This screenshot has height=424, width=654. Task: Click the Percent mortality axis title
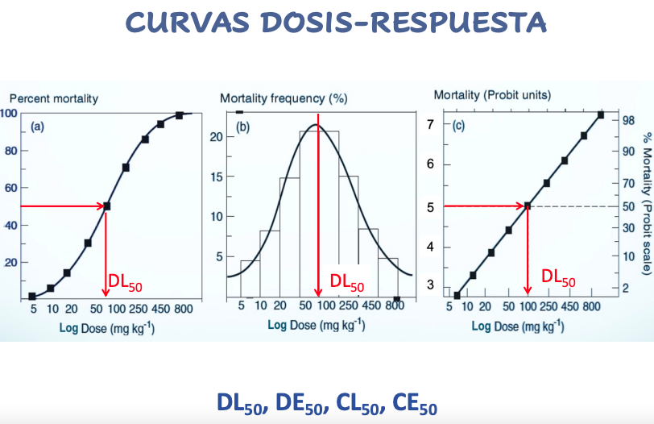tap(54, 98)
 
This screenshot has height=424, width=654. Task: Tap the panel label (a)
tap(38, 127)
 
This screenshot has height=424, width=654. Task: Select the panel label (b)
tap(245, 127)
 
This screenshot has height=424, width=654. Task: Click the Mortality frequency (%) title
tap(284, 98)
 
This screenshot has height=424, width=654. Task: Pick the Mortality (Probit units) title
tap(492, 95)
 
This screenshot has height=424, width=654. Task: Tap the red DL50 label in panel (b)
tap(347, 284)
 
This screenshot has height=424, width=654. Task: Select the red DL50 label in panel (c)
tap(558, 277)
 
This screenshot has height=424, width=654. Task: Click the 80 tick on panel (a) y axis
tap(11, 151)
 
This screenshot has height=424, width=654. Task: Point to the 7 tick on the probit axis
tap(430, 125)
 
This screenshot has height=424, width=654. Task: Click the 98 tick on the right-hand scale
tap(629, 119)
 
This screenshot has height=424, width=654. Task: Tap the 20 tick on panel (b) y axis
tap(216, 136)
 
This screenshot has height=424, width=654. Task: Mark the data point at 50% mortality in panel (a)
tap(106, 206)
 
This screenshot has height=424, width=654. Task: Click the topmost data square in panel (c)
tap(600, 115)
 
